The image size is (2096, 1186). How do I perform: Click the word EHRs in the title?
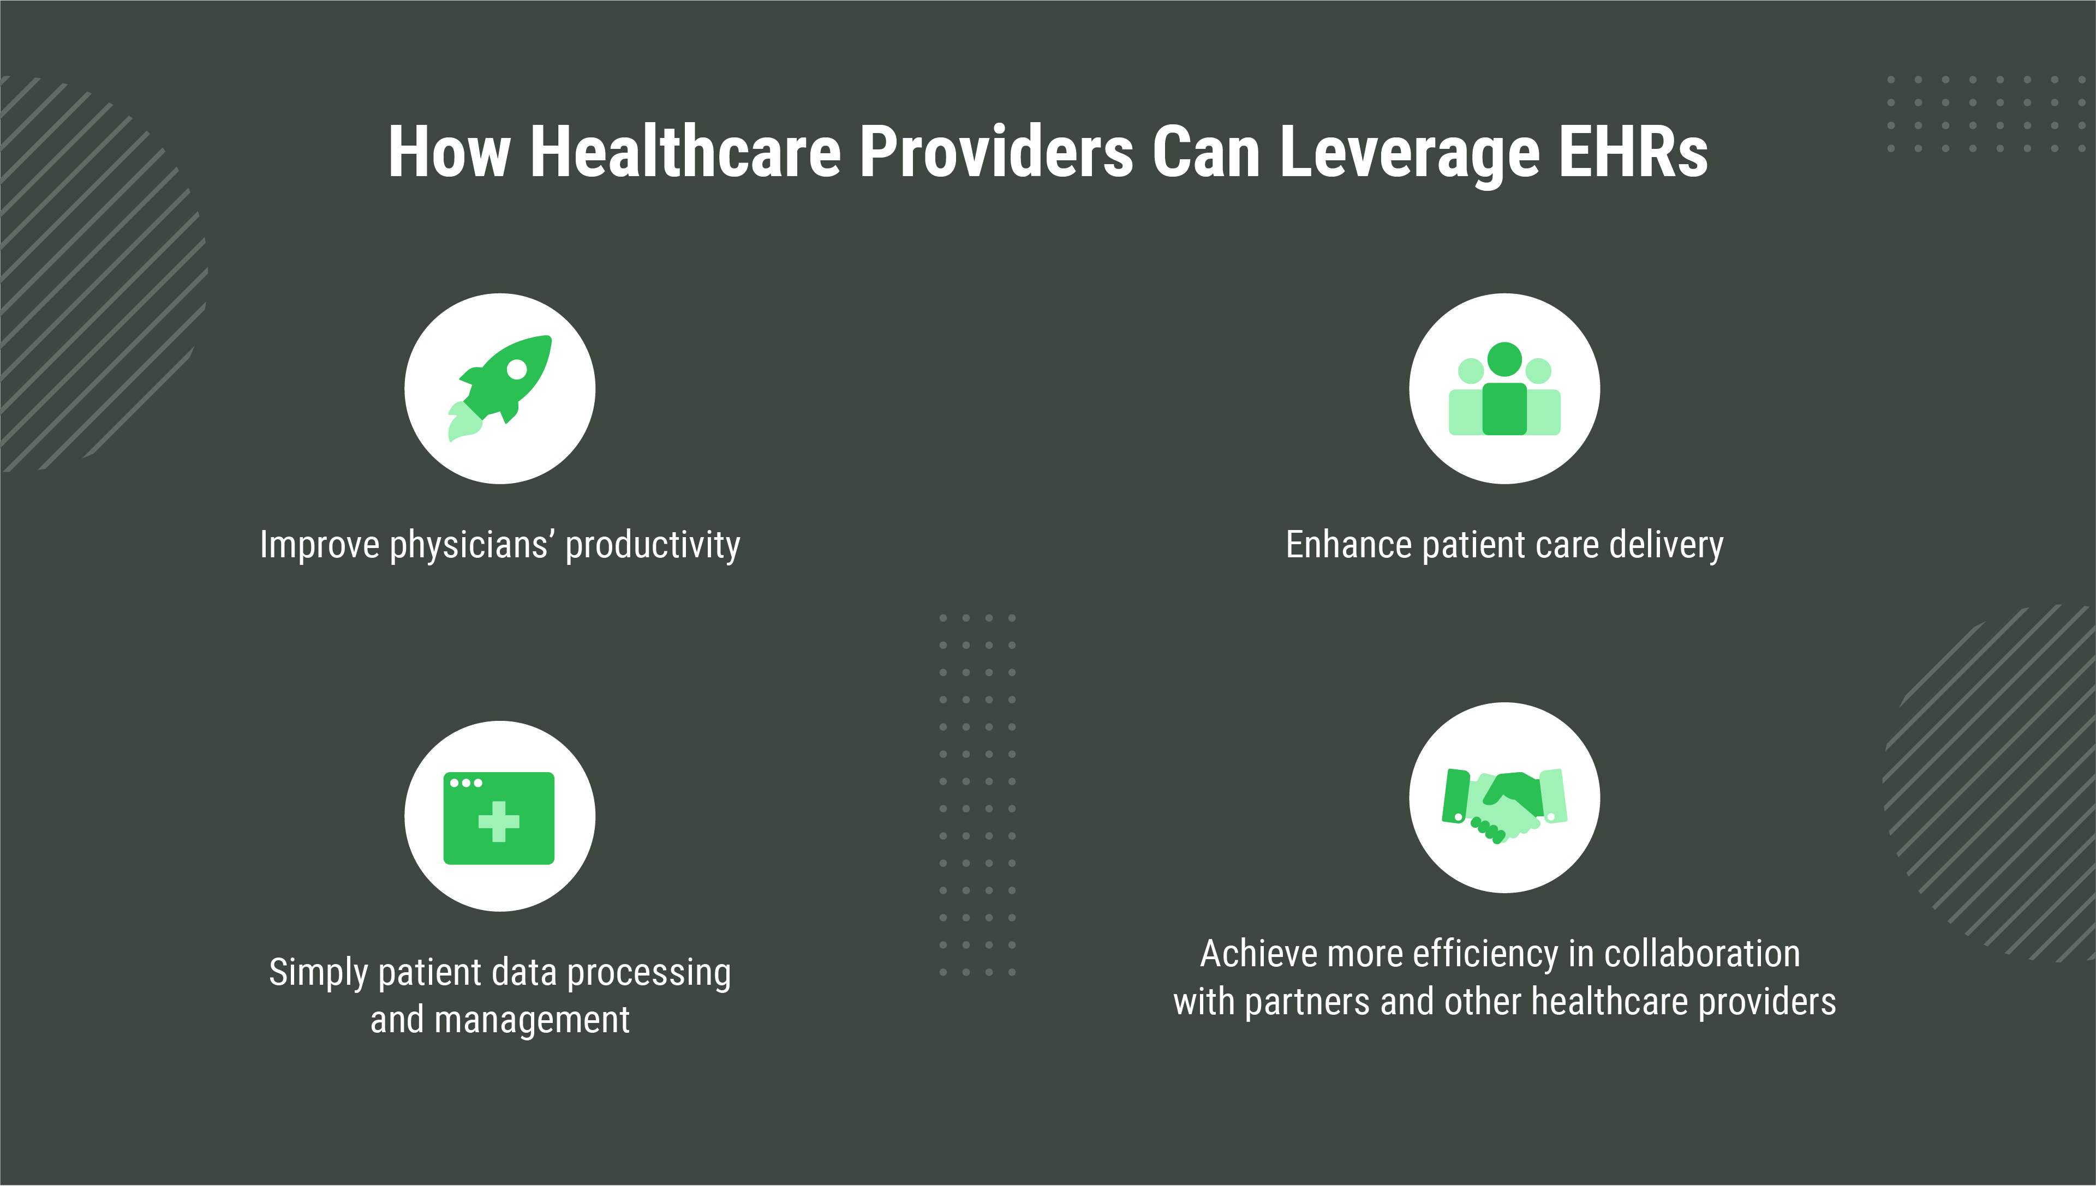pyautogui.click(x=1633, y=152)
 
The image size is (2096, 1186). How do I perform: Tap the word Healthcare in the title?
pyautogui.click(x=685, y=152)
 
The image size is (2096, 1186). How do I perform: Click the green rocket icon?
pyautogui.click(x=499, y=388)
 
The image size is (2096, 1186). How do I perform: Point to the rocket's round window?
pyautogui.click(x=517, y=370)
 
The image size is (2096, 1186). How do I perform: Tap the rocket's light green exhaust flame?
pyautogui.click(x=464, y=421)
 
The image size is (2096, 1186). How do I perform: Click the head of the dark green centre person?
pyautogui.click(x=1504, y=359)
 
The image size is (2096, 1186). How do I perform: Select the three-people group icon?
pyautogui.click(x=1504, y=389)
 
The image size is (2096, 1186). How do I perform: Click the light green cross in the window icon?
pyautogui.click(x=499, y=821)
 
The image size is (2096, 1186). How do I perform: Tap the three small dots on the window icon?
pyautogui.click(x=465, y=783)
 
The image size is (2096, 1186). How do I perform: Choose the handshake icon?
pyautogui.click(x=1504, y=805)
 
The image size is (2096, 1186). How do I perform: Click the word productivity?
pyautogui.click(x=653, y=545)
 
